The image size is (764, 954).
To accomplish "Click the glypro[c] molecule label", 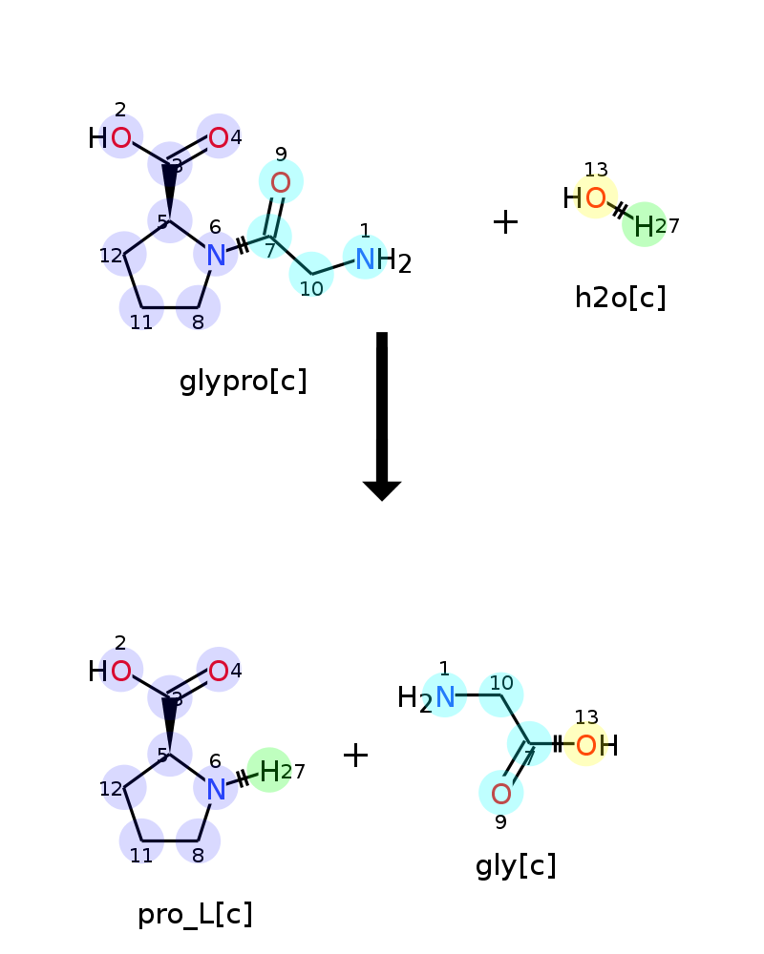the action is [x=244, y=382].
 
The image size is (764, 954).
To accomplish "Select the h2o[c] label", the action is [x=620, y=298].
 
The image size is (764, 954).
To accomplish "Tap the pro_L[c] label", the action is [x=195, y=915].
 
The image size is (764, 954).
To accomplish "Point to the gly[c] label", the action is [x=516, y=865].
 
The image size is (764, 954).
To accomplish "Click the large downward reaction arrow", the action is [x=382, y=416].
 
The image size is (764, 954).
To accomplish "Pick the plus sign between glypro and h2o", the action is [x=505, y=222].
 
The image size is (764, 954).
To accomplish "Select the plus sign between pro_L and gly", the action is [x=356, y=755].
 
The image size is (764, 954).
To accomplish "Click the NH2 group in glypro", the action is [x=383, y=260].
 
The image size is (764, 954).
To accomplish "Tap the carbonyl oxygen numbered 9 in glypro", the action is [x=280, y=182].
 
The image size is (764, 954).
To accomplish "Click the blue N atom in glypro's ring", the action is [x=216, y=256].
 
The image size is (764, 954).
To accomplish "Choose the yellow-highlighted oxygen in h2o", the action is [x=596, y=197].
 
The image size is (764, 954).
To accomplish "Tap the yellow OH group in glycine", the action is [x=597, y=745].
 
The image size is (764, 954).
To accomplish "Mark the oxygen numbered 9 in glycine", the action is [x=500, y=794].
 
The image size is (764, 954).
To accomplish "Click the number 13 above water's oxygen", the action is [x=596, y=169].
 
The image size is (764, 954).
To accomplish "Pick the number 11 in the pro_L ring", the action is [x=141, y=856].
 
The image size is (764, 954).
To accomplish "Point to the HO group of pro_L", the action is [x=110, y=672].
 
